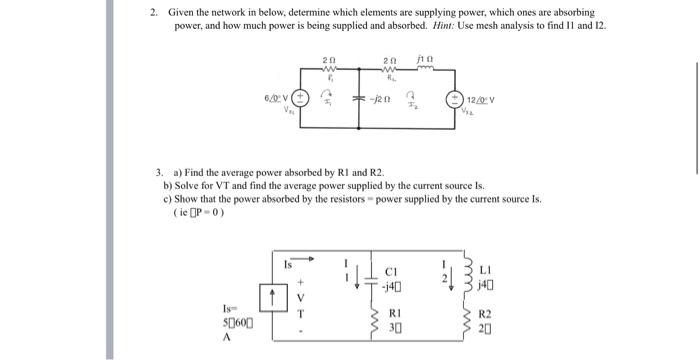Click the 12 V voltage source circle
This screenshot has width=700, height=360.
coord(458,99)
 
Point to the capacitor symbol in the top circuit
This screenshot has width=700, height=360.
coord(360,98)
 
